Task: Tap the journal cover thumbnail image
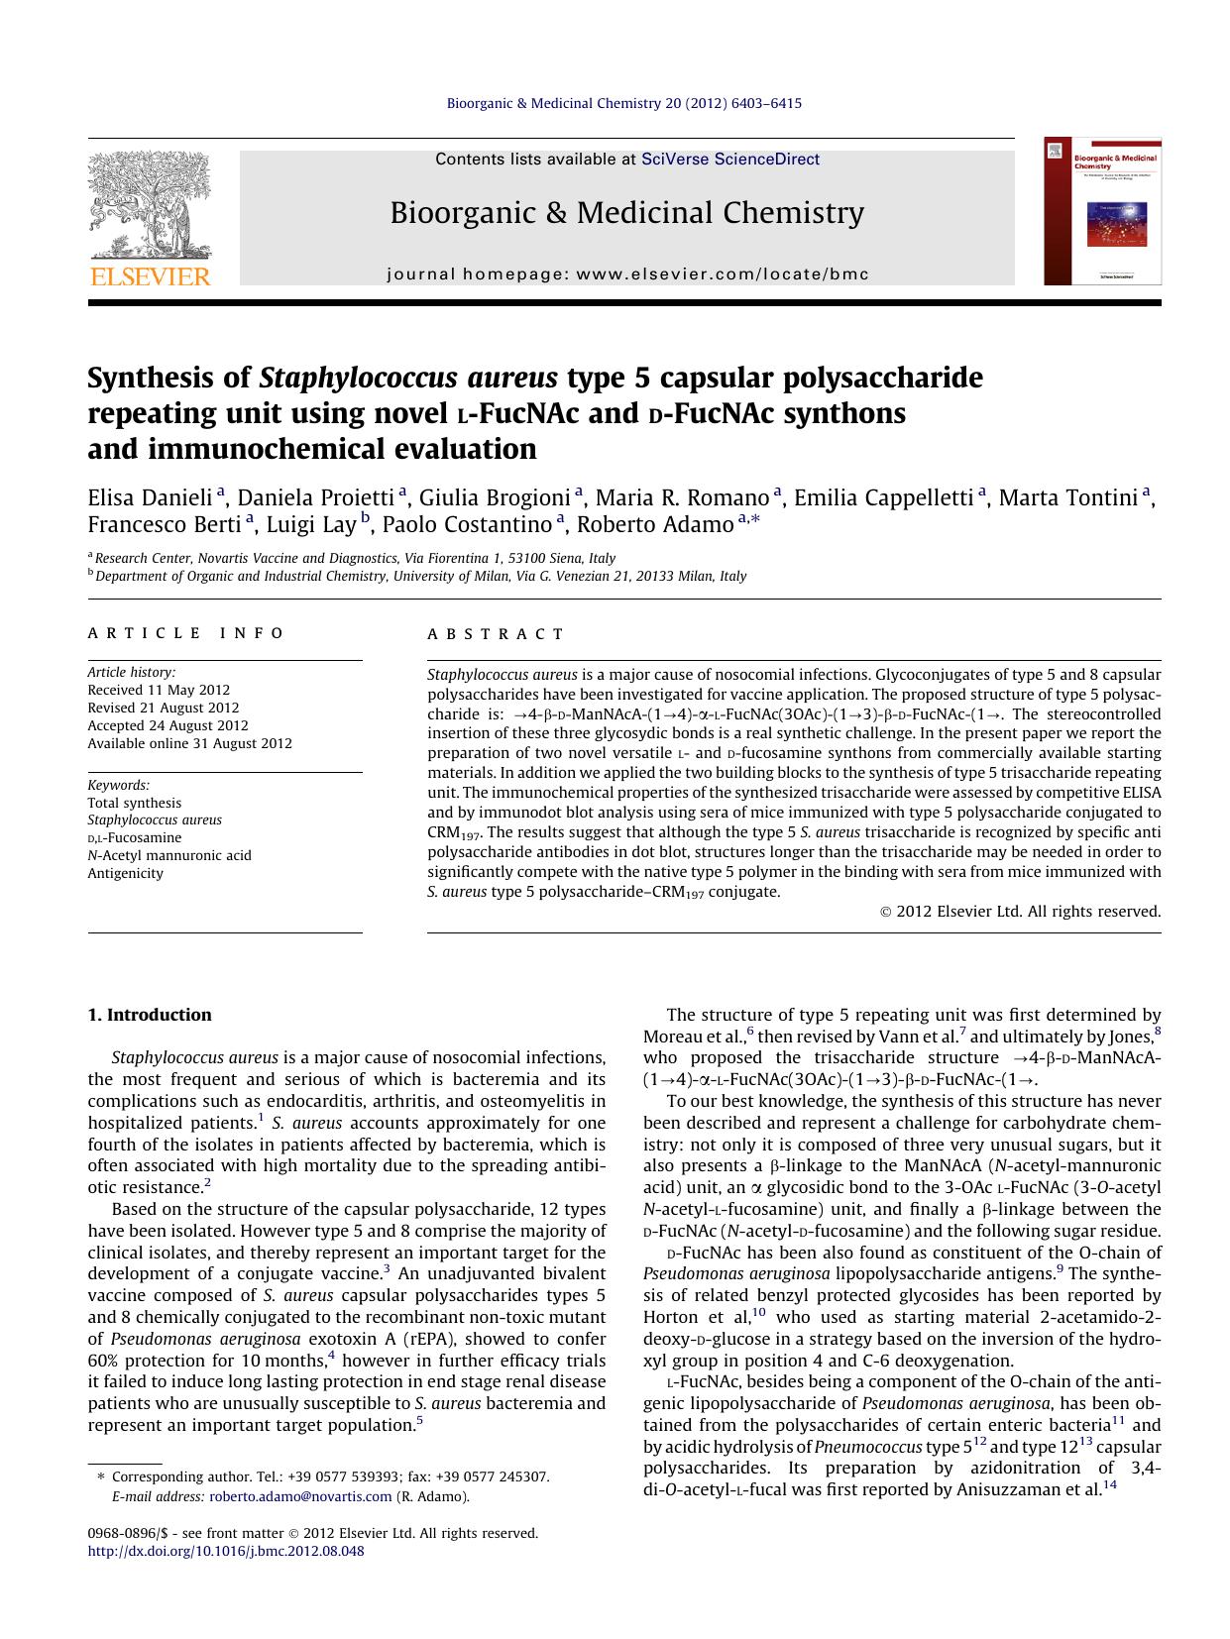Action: pyautogui.click(x=1102, y=211)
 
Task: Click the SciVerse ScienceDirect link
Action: pyautogui.click(x=729, y=160)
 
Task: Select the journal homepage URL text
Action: pyautogui.click(x=627, y=274)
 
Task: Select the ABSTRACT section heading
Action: pyautogui.click(x=495, y=634)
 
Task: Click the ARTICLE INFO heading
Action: pyautogui.click(x=186, y=634)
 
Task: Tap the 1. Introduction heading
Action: pyautogui.click(x=150, y=1015)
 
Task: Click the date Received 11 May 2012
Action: pyautogui.click(x=159, y=690)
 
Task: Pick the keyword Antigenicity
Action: pyautogui.click(x=125, y=873)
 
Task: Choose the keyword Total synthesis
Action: pyautogui.click(x=134, y=803)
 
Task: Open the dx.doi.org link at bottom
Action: pyautogui.click(x=226, y=1551)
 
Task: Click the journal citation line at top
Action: pyautogui.click(x=624, y=103)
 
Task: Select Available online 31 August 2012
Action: pyautogui.click(x=189, y=743)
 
